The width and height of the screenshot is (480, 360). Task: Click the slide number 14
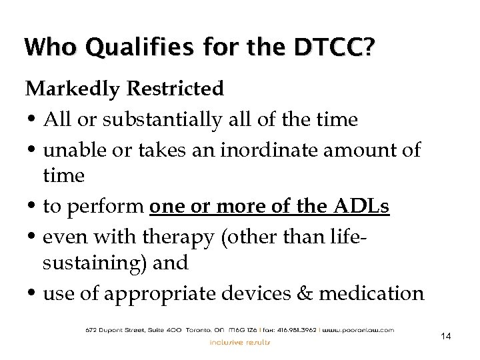point(446,337)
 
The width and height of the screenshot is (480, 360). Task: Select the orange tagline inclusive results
point(240,343)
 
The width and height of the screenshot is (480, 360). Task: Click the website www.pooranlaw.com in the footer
point(357,329)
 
